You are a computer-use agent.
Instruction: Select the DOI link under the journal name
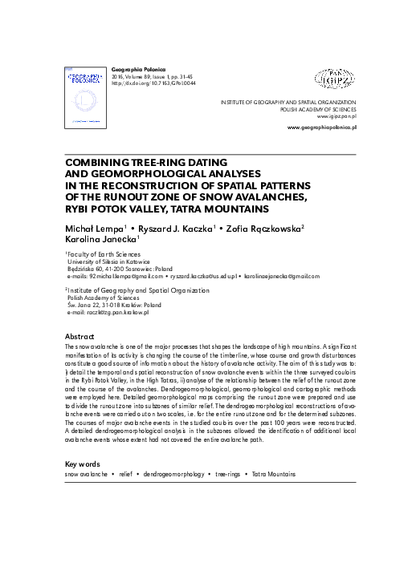click(153, 83)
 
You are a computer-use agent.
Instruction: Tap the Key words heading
click(82, 464)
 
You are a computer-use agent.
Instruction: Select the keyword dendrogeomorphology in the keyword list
click(173, 475)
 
